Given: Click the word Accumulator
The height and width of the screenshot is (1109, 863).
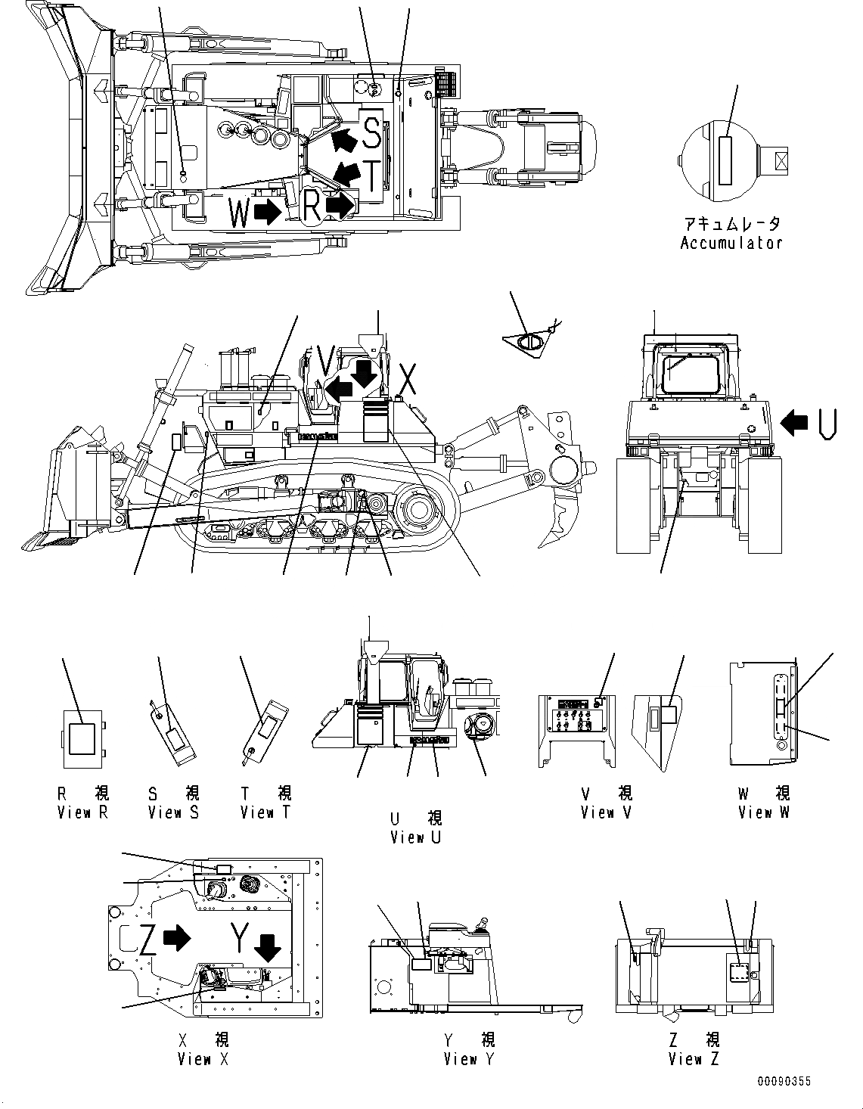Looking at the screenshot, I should pos(731,243).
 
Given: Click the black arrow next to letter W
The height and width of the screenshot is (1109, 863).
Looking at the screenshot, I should pos(267,213).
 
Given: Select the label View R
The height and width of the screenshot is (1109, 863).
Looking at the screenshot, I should pos(83,812).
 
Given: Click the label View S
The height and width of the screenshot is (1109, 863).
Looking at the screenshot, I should pos(174,812).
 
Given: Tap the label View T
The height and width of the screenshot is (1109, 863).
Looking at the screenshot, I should pos(265,812).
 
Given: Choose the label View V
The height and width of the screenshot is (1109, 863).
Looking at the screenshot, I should pos(606,812).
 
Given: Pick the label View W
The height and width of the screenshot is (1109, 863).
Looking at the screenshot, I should pos(764,812).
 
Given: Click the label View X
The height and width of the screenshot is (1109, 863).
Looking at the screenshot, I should pos(203,1059).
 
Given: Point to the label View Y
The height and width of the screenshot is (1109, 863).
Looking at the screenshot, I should pos(468,1059).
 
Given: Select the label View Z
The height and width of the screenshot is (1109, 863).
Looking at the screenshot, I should pos(694,1059).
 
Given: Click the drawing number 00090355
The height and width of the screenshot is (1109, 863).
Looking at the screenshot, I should pos(784,1082).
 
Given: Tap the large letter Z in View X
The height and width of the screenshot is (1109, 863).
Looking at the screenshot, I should pos(148,939).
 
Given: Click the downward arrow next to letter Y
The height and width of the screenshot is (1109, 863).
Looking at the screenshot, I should pos(266,946).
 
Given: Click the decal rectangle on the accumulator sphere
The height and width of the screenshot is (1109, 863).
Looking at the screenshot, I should pos(726,160).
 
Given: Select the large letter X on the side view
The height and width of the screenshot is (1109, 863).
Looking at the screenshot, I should pos(408,379).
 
